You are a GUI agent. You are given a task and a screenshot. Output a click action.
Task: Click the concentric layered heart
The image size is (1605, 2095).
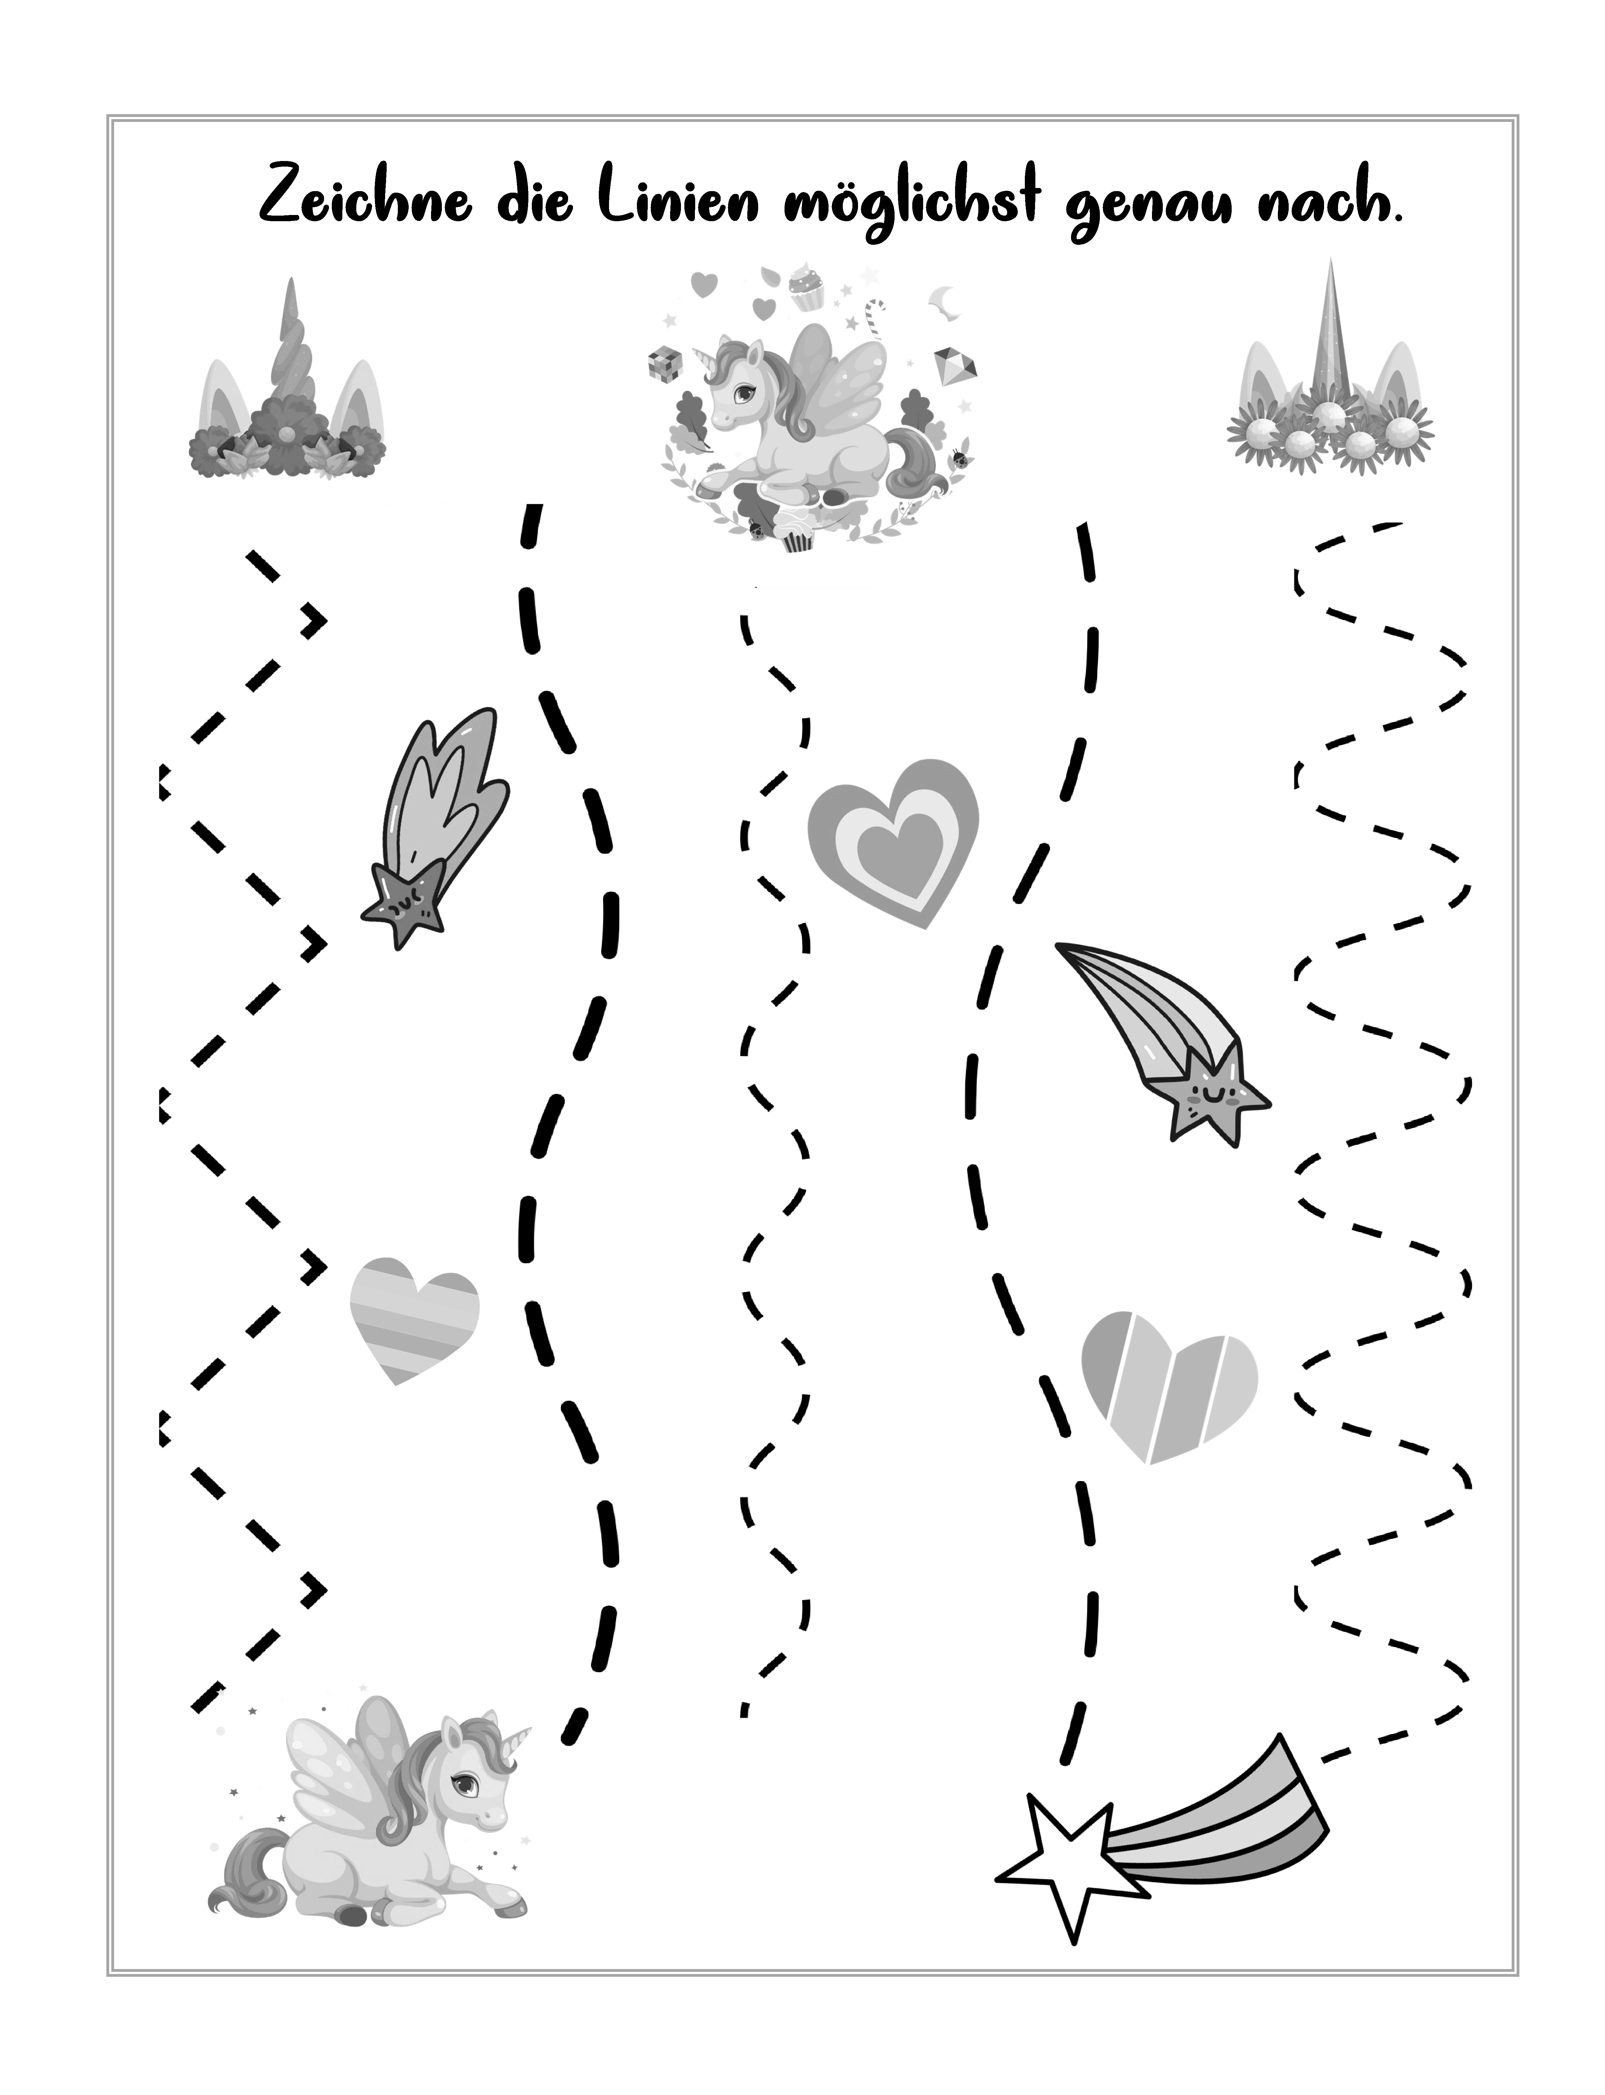(x=893, y=841)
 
